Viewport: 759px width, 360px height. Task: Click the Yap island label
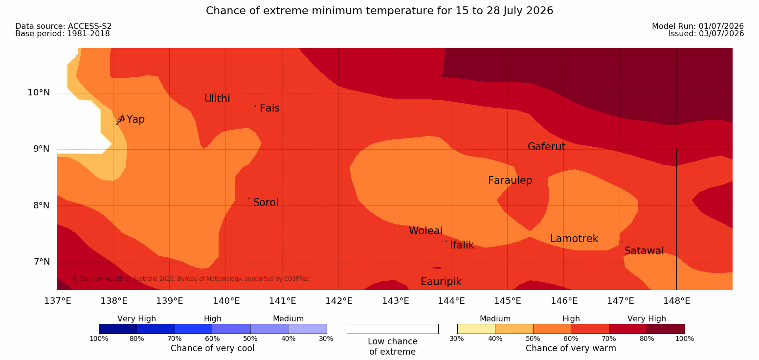pos(135,119)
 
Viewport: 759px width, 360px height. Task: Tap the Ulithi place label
pos(217,99)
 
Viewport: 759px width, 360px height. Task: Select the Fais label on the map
pos(270,108)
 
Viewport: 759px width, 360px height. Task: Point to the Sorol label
pos(266,202)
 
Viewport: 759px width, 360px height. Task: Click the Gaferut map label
pos(547,147)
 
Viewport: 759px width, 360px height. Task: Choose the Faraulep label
pos(510,180)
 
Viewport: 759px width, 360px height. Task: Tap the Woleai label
pos(425,231)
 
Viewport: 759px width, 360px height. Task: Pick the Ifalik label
pos(462,245)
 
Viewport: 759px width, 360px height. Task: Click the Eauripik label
pos(441,282)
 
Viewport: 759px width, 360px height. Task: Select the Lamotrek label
pos(574,239)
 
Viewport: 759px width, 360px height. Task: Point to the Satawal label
pos(644,251)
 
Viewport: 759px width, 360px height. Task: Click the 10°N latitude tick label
pos(39,92)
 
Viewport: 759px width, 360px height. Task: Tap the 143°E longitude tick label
pos(395,301)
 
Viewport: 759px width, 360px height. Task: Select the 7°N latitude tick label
pos(42,262)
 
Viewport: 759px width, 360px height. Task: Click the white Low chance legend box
pos(393,329)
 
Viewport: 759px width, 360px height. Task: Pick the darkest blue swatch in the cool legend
pos(118,329)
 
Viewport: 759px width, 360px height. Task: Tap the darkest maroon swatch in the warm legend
pos(666,329)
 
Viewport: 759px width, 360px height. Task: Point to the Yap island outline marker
pos(121,119)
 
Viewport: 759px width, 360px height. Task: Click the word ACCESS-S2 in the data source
pos(90,26)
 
